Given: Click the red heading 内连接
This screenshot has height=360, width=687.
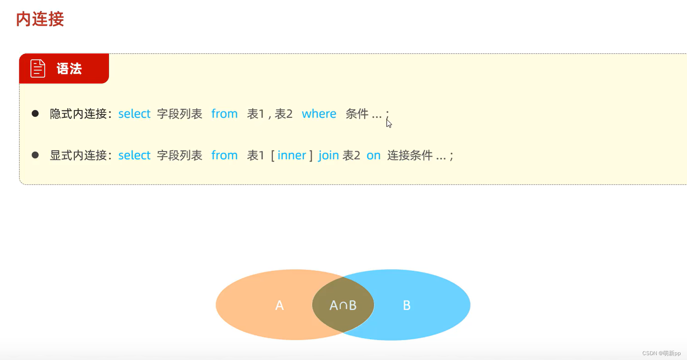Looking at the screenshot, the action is [40, 19].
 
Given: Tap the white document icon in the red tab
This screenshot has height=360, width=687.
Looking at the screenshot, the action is [38, 69].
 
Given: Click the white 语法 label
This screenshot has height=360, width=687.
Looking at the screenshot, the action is [69, 69].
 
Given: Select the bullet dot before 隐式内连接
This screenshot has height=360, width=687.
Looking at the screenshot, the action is [35, 114].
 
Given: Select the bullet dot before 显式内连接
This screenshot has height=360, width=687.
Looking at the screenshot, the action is [35, 155].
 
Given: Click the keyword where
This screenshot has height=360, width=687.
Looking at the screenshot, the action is [319, 114].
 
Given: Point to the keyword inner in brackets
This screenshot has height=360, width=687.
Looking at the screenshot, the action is [291, 155].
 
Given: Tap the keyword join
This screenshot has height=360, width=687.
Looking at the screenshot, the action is [328, 155].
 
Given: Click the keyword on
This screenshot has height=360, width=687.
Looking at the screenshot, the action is [373, 155].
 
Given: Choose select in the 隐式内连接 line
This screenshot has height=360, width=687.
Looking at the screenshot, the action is [134, 114].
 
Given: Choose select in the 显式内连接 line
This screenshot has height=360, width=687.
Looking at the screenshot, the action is [134, 155].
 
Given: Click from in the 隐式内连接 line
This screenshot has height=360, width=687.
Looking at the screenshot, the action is [224, 114].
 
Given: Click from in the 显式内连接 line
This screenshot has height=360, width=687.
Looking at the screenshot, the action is [224, 155].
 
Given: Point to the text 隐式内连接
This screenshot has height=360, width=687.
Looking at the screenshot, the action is [78, 114].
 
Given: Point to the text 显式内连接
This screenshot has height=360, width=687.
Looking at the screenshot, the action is [78, 155].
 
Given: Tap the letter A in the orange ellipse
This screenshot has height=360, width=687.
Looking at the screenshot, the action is [280, 305].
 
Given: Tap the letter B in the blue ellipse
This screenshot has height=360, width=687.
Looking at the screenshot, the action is [407, 305].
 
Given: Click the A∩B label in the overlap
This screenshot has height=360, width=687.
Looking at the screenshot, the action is [343, 305].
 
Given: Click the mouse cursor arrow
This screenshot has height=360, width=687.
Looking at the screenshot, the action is [389, 123].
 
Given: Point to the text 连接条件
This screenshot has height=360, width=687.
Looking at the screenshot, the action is [410, 155].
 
